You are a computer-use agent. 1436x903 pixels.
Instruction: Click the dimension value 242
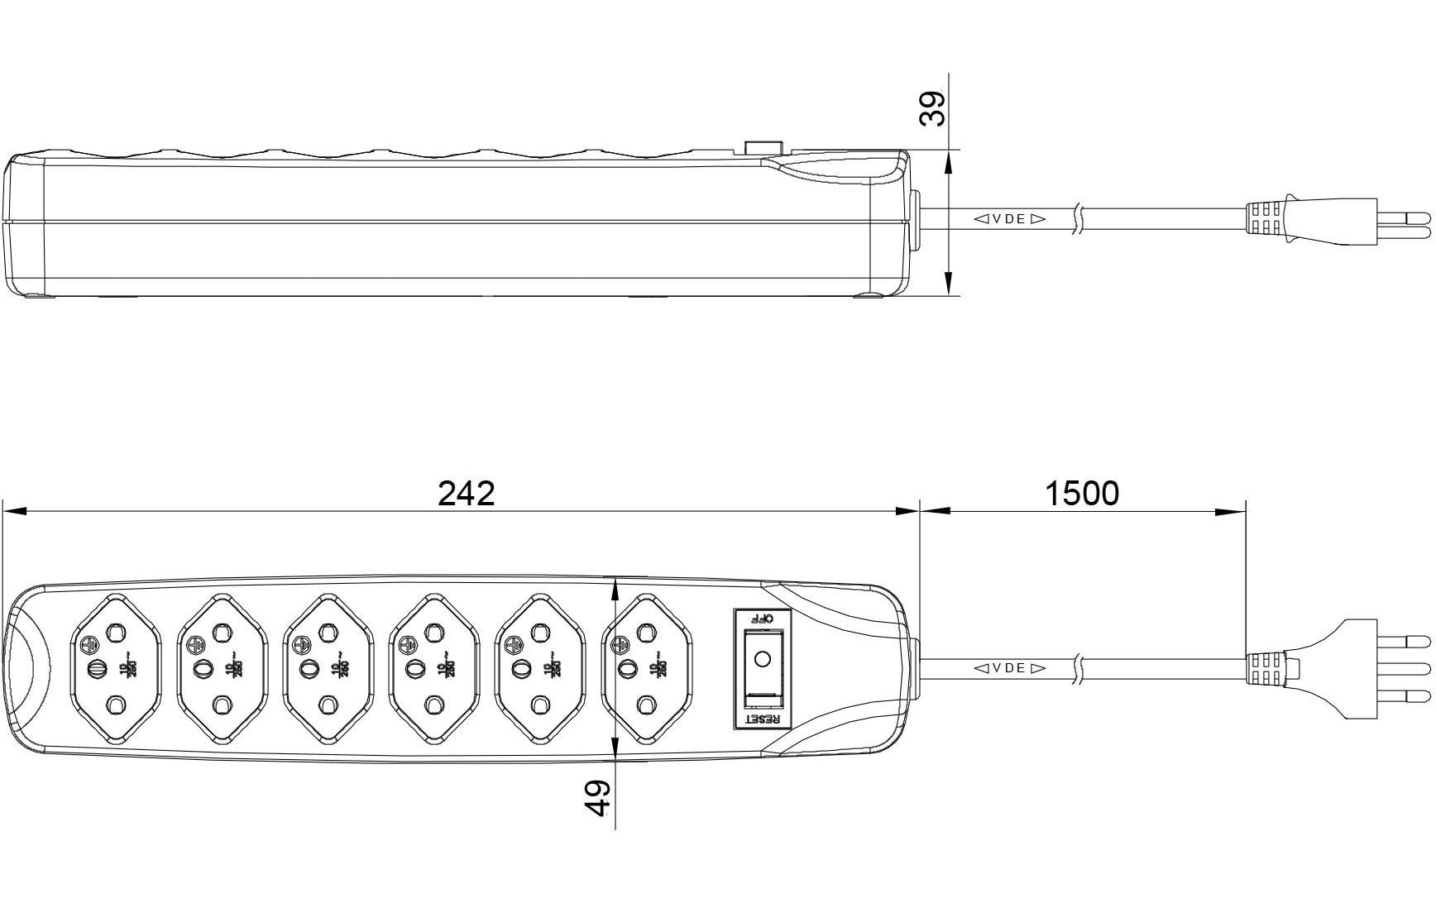[x=466, y=494]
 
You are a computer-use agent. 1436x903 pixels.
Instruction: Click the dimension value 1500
[x=1081, y=494]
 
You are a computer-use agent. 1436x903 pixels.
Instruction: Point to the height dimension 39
[x=933, y=108]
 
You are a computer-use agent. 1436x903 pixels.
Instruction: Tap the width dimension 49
[x=598, y=798]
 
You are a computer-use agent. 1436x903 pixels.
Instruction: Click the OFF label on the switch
[x=760, y=619]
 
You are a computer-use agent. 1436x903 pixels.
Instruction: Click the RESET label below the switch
[x=762, y=719]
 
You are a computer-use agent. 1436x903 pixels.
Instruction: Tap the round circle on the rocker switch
[x=763, y=658]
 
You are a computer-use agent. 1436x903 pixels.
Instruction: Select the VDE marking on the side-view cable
[x=1008, y=219]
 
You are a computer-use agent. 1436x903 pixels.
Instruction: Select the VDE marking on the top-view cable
[x=1008, y=668]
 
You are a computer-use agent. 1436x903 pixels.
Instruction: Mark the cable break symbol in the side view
[x=1077, y=219]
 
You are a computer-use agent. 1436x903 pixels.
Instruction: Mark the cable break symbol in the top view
[x=1077, y=668]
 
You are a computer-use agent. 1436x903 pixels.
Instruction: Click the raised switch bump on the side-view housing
[x=763, y=147]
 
